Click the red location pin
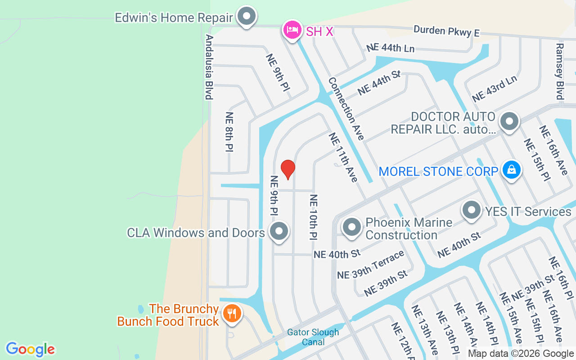pyautogui.click(x=288, y=169)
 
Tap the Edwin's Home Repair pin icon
pyautogui.click(x=246, y=17)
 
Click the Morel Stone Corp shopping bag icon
pyautogui.click(x=512, y=170)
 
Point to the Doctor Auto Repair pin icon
pyautogui.click(x=509, y=121)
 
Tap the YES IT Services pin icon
pyautogui.click(x=472, y=210)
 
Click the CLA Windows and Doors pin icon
pyautogui.click(x=279, y=231)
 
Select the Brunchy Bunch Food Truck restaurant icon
pyautogui.click(x=232, y=313)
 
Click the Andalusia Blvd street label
pyautogui.click(x=209, y=67)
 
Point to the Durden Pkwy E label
pyautogui.click(x=446, y=31)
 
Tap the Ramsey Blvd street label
pyautogui.click(x=559, y=71)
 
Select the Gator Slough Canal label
pyautogui.click(x=313, y=337)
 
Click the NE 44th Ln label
pyautogui.click(x=390, y=47)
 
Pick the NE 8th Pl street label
pyautogui.click(x=229, y=132)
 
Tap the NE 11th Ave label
pyautogui.click(x=343, y=157)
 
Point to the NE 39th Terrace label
pyautogui.click(x=371, y=265)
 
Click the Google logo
pyautogui.click(x=30, y=349)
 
